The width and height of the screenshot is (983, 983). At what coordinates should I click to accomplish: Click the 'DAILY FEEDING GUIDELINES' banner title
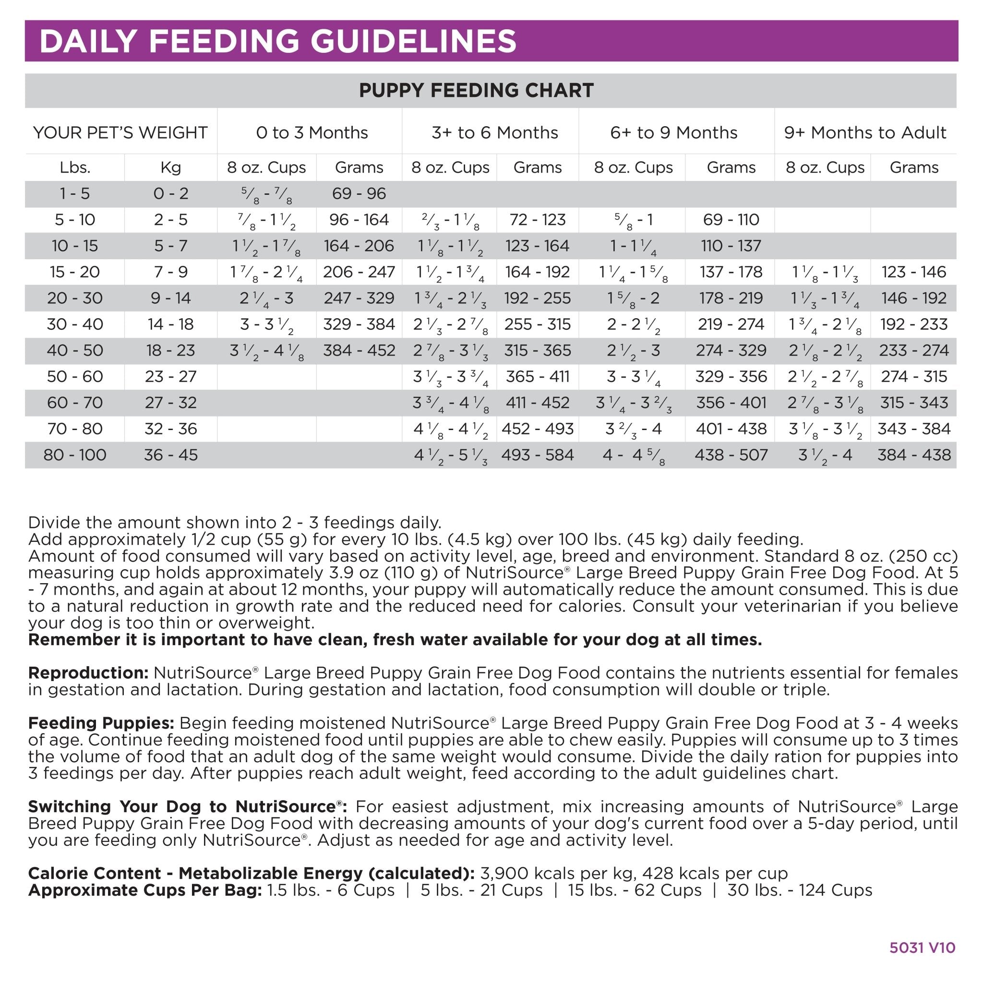point(277,41)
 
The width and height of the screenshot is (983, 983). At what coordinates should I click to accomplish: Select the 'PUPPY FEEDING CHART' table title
point(476,91)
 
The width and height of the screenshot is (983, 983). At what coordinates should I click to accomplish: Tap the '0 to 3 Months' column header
point(312,133)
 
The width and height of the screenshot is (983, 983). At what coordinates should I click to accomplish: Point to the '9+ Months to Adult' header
point(865,133)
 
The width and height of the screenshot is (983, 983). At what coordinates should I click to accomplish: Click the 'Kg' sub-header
point(170,168)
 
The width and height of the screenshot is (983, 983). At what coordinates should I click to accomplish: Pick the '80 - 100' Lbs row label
point(75,455)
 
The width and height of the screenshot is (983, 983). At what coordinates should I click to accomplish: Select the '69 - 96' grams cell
point(359,194)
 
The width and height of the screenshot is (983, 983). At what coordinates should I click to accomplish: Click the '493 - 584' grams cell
point(537,455)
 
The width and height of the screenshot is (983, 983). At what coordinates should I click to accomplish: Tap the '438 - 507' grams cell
point(731,455)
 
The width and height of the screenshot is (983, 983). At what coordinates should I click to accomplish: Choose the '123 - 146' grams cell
point(914,272)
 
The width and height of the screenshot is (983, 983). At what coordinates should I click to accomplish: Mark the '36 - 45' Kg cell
point(170,455)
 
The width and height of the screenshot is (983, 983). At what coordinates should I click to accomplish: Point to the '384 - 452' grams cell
point(359,350)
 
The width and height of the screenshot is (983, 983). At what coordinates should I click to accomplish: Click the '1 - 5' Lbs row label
point(75,194)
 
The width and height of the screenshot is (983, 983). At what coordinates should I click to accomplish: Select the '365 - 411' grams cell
point(537,376)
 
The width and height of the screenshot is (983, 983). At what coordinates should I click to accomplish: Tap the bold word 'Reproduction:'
point(88,673)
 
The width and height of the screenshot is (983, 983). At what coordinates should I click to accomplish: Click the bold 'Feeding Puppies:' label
point(101,723)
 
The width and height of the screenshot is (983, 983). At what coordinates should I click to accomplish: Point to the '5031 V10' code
point(923,947)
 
